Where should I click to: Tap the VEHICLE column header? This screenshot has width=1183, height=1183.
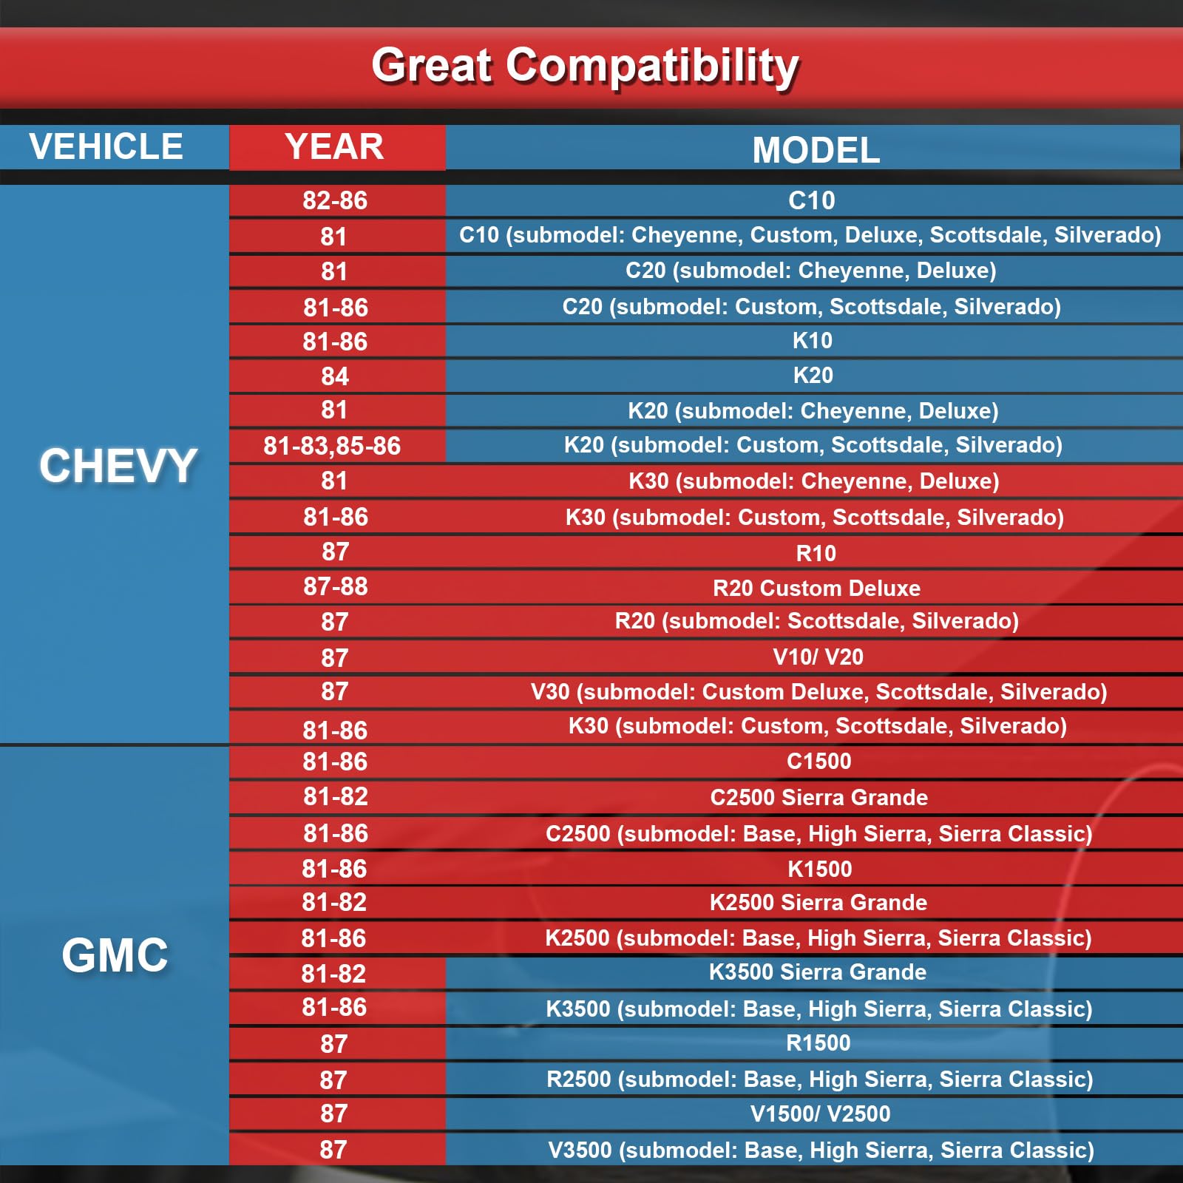pos(106,146)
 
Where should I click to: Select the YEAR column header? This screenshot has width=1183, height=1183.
pos(334,146)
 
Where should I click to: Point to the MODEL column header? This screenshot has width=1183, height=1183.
pos(816,150)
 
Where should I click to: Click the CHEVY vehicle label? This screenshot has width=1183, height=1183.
pos(118,466)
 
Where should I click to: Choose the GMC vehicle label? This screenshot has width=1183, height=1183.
pos(115,955)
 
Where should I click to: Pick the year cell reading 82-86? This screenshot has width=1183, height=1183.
pos(335,200)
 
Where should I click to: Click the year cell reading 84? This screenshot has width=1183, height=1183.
pos(335,376)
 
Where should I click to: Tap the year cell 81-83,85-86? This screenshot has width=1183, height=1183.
pos(332,446)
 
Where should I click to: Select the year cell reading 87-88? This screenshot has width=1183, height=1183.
pos(336,586)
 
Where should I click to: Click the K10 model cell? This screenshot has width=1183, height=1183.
pos(813,341)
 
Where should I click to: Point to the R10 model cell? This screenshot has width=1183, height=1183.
pos(816,553)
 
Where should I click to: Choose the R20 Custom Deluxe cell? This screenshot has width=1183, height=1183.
pos(816,588)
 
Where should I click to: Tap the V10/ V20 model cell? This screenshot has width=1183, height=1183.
pos(818,657)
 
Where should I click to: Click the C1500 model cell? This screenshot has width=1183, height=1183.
pos(818,761)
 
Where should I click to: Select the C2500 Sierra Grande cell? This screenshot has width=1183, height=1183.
pos(818,797)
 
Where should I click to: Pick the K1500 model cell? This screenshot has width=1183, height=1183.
pos(819,869)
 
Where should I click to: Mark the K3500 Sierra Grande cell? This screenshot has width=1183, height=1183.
pos(817,972)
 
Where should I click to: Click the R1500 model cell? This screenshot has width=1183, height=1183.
pos(818,1043)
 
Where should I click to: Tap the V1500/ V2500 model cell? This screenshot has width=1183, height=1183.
pos(820,1113)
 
